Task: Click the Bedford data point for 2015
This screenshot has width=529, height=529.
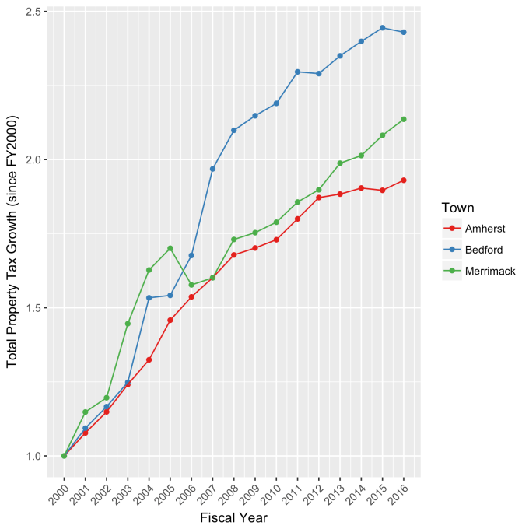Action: (x=383, y=28)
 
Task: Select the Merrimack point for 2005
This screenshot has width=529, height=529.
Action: (x=170, y=248)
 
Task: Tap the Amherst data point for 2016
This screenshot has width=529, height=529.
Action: (x=404, y=180)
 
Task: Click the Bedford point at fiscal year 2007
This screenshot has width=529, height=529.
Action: (x=212, y=169)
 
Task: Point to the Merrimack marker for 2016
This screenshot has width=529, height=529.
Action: (x=404, y=119)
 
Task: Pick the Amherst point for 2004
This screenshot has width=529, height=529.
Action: (x=149, y=359)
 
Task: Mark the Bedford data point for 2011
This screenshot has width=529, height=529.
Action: (x=297, y=72)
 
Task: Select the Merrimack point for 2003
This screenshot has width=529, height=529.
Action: (x=128, y=324)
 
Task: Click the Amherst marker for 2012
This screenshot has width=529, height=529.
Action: (x=319, y=198)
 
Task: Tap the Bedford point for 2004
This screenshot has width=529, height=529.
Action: (x=149, y=298)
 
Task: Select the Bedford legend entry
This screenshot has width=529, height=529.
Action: (x=482, y=250)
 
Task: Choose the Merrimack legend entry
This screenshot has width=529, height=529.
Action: (x=489, y=271)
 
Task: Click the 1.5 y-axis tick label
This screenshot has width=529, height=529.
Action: (x=27, y=308)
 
